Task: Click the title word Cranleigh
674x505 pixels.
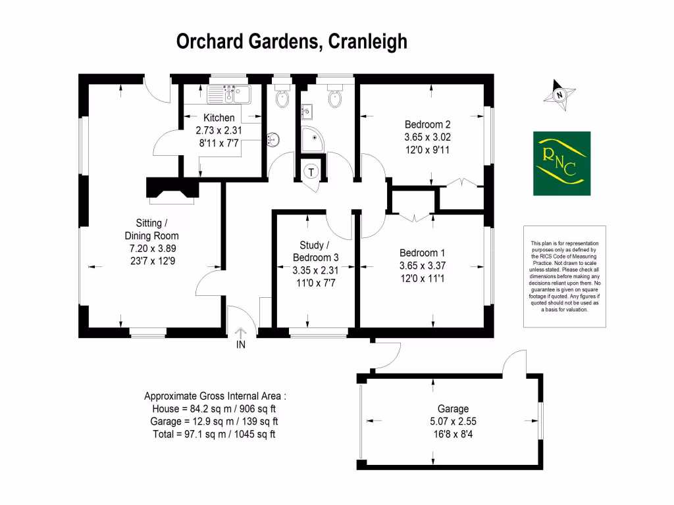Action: (366, 42)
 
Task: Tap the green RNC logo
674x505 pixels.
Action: (561, 163)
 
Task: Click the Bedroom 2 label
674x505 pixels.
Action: (427, 124)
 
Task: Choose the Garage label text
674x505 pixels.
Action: (453, 408)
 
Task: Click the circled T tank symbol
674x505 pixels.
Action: (312, 171)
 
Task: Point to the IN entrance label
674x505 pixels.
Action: (241, 344)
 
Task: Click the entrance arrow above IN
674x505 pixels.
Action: (241, 331)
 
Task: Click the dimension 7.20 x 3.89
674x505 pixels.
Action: (151, 248)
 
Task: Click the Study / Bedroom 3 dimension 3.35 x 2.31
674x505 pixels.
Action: (315, 270)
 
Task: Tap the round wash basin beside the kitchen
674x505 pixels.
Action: (274, 139)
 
